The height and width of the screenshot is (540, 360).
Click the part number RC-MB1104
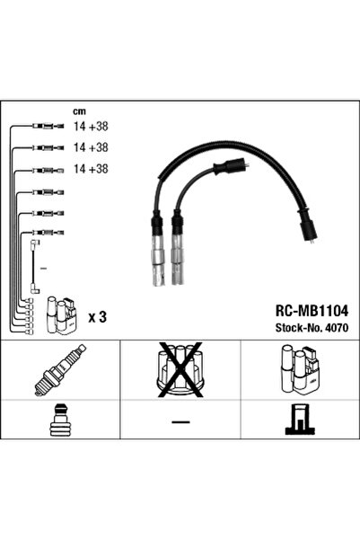(x=312, y=311)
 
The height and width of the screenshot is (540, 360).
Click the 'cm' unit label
(x=79, y=111)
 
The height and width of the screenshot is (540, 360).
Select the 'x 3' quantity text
(x=97, y=317)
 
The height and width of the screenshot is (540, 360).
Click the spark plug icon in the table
(x=60, y=369)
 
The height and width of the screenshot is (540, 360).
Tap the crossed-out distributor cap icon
(x=180, y=369)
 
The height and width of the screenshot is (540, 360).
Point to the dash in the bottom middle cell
(x=180, y=421)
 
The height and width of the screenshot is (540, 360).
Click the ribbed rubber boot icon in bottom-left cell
(x=59, y=420)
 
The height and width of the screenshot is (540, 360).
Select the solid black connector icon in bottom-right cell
(x=300, y=419)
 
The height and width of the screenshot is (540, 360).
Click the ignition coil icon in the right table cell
(x=300, y=369)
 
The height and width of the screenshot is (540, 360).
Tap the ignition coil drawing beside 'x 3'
(x=62, y=315)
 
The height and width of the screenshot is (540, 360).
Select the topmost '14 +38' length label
(x=91, y=127)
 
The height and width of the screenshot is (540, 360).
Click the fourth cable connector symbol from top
(x=48, y=192)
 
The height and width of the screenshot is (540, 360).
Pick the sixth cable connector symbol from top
(x=48, y=233)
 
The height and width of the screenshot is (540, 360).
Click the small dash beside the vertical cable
(x=43, y=268)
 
